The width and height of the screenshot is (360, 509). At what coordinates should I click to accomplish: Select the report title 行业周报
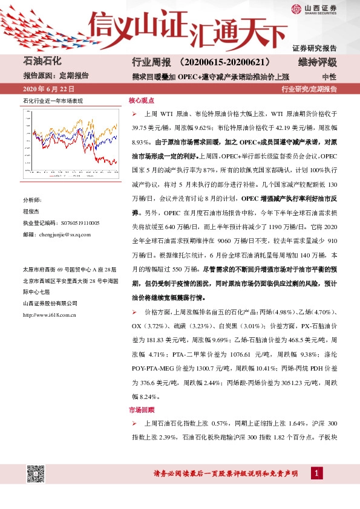point(148,63)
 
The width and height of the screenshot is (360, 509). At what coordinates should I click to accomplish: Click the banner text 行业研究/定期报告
point(309,89)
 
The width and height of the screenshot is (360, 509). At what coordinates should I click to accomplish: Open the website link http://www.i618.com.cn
point(48,314)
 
